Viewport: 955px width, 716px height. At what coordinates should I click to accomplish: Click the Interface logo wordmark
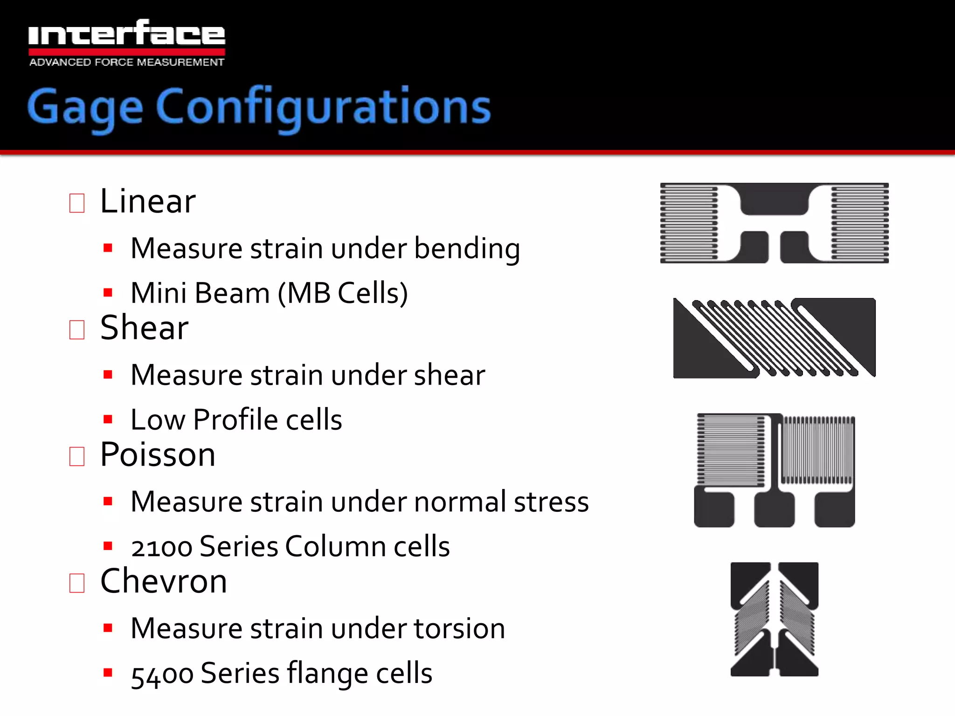pos(126,34)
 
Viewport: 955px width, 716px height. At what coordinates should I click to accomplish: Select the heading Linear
pos(148,201)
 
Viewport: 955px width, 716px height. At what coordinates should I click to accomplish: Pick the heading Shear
pos(144,328)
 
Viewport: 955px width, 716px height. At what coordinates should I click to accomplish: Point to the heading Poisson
pos(158,454)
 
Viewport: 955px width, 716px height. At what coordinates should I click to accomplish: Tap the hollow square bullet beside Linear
pos(77,203)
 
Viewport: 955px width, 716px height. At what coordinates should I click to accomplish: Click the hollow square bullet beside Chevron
pos(77,583)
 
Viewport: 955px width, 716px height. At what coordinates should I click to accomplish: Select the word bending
pos(467,248)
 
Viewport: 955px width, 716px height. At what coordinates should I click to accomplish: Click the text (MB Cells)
pos(343,294)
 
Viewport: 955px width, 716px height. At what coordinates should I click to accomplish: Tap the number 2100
pos(161,547)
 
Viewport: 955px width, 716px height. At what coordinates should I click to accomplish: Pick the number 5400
pos(162,674)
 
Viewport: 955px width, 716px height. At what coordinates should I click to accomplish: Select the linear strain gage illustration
pos(774,223)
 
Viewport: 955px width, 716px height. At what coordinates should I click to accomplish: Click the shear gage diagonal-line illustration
pos(774,338)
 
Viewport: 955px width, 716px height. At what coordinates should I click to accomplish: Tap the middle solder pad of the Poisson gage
pos(774,509)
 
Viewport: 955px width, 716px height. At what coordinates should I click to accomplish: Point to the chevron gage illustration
pos(774,619)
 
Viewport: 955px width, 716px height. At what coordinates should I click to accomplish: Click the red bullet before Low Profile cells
pos(108,420)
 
